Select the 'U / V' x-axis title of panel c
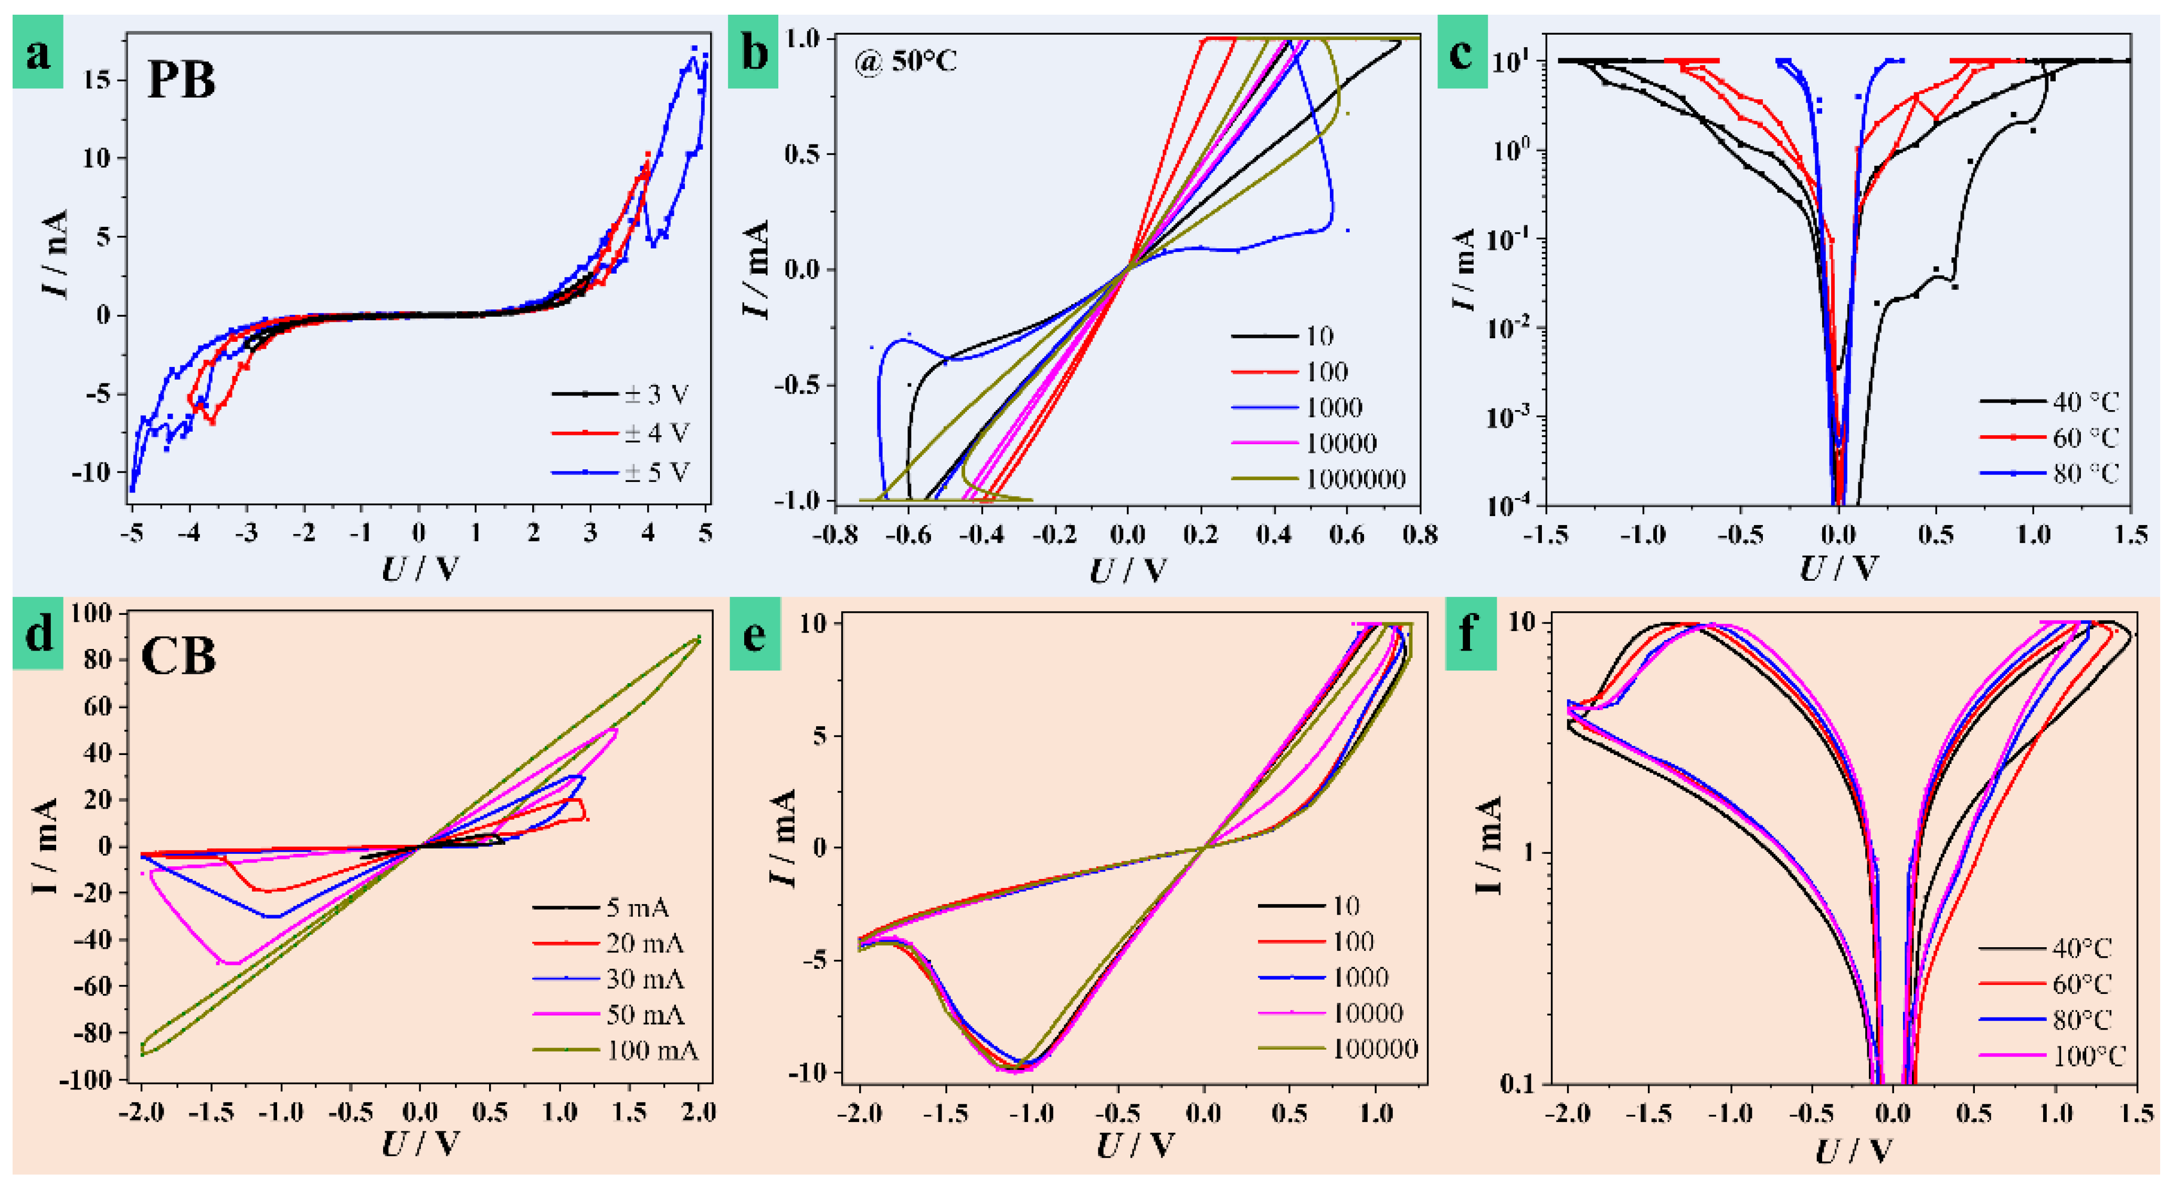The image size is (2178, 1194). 1838,569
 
